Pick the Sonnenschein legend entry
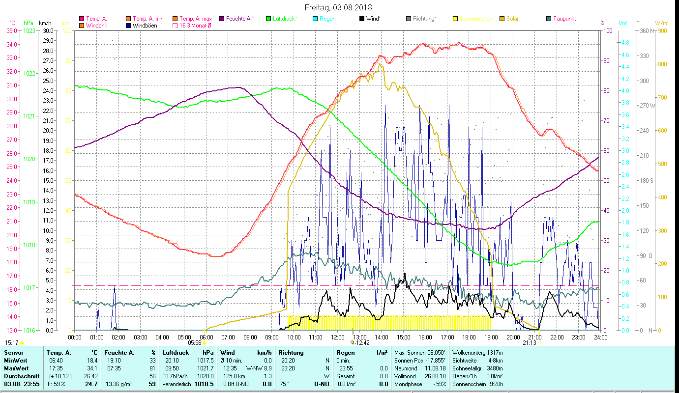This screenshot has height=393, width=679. (475, 19)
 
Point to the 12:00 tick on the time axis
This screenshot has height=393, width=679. (337, 337)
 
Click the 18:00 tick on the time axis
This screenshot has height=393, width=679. (469, 337)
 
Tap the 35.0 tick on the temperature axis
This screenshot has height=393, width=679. (11, 30)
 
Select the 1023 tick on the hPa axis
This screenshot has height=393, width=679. (29, 30)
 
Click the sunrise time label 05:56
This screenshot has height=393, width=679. (195, 343)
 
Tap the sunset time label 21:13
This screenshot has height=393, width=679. (529, 343)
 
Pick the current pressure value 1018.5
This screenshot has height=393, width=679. (205, 384)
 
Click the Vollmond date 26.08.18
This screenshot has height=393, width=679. (436, 376)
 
